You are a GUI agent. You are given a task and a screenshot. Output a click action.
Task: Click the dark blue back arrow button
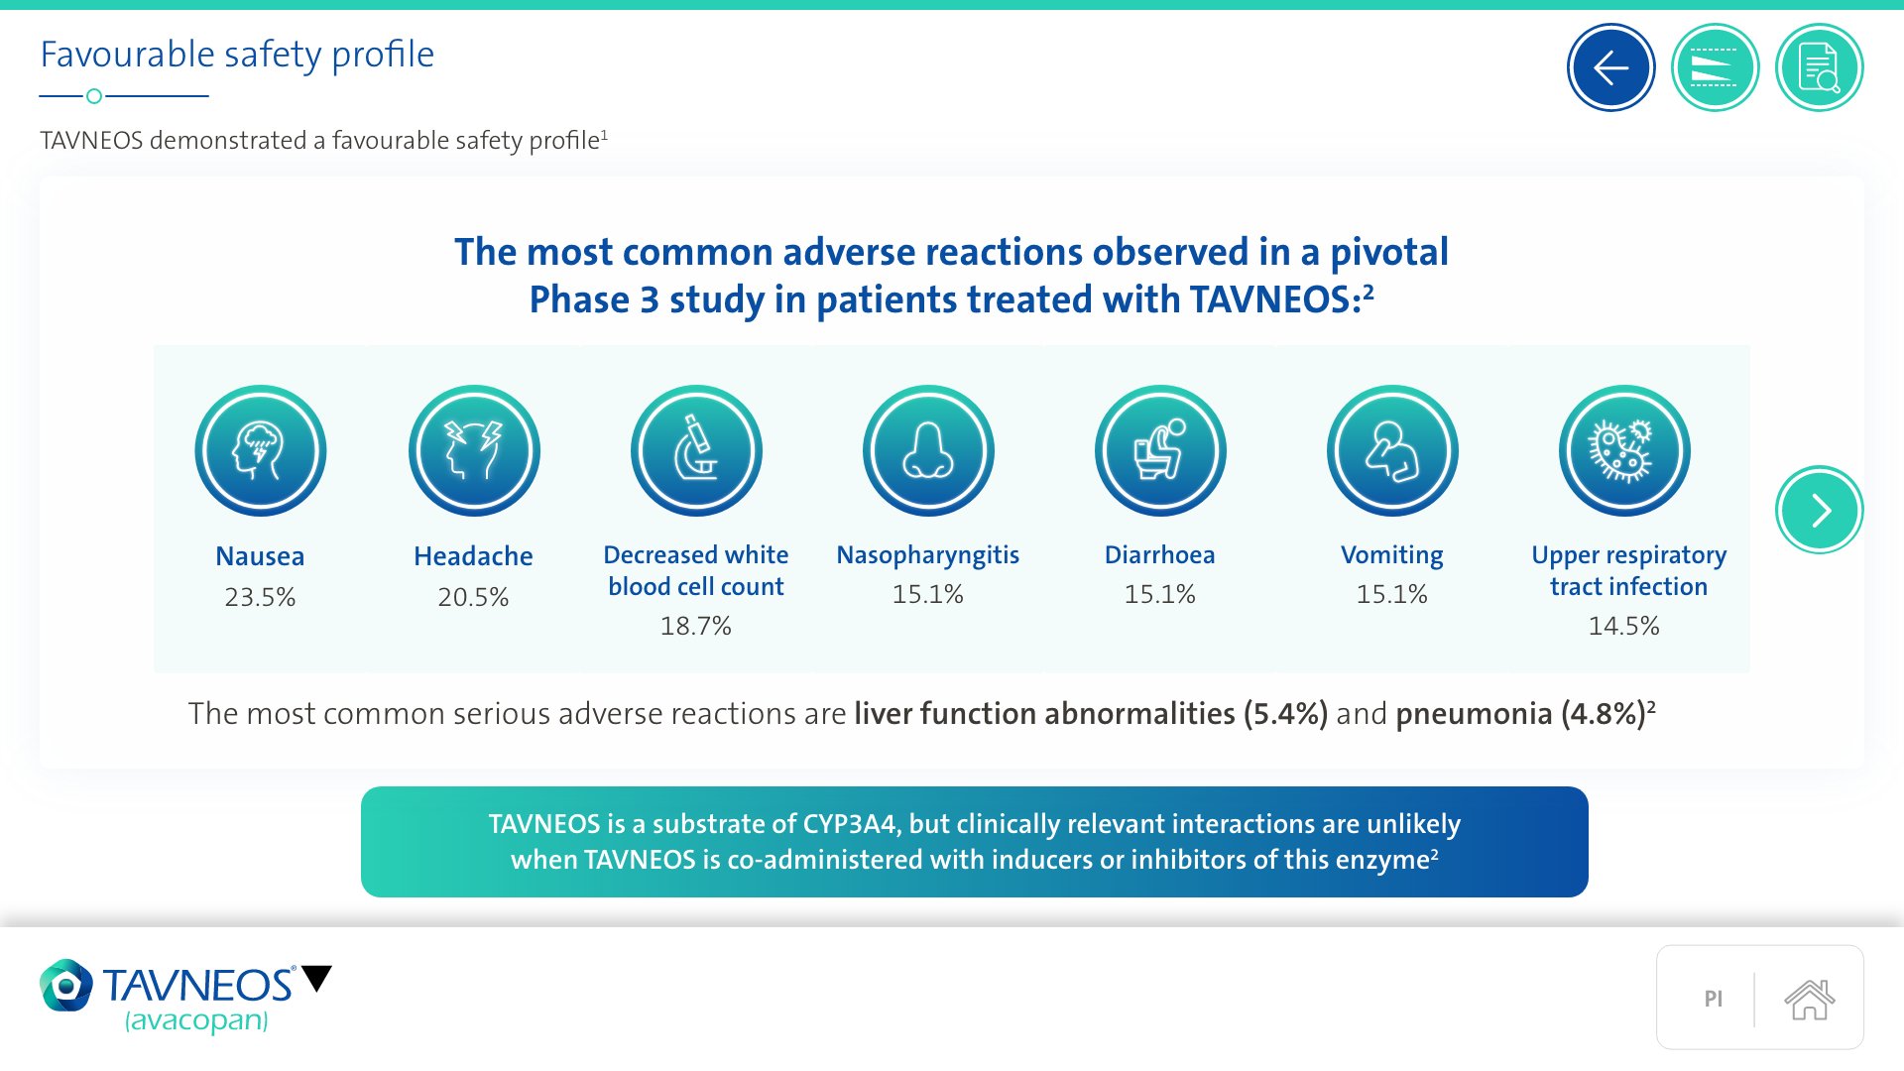click(1610, 67)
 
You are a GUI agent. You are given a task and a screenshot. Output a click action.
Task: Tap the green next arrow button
click(1819, 510)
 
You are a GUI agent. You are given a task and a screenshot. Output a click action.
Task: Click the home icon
click(1810, 999)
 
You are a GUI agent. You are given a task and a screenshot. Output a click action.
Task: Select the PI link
click(1713, 999)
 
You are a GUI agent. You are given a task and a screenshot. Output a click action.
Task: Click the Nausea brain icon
click(261, 450)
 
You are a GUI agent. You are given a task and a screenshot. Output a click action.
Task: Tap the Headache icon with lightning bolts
click(474, 450)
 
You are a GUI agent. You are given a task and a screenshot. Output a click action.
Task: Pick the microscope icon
click(696, 450)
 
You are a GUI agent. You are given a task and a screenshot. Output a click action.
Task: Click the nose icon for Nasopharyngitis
click(928, 450)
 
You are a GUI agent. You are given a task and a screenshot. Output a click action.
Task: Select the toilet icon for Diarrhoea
click(1160, 450)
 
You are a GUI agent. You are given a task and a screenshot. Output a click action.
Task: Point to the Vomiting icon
click(1392, 450)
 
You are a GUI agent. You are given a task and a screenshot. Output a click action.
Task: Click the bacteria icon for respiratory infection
click(1624, 450)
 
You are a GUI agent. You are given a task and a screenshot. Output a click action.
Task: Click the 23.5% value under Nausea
click(260, 597)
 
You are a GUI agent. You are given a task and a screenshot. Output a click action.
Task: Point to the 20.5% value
click(473, 597)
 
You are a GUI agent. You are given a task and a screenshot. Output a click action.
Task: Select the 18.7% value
click(696, 626)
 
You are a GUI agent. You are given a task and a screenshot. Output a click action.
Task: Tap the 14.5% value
click(1624, 626)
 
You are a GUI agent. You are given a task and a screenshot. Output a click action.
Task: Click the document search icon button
click(1819, 67)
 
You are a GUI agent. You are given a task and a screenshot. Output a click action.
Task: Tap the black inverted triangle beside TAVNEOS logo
click(317, 978)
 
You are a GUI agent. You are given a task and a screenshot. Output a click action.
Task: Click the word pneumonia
click(1474, 714)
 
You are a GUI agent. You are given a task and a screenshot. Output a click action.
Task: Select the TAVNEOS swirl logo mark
click(66, 985)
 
